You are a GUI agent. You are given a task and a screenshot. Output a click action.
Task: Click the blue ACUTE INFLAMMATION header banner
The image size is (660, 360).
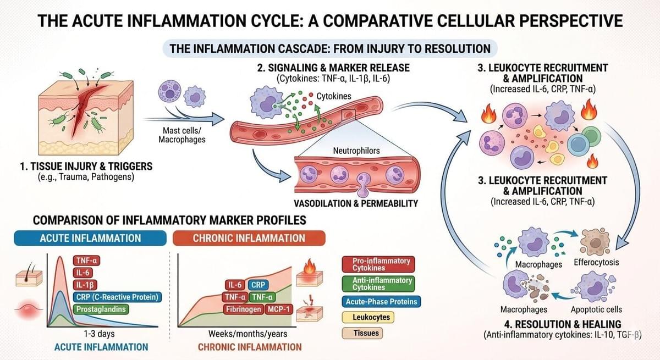(x=90, y=238)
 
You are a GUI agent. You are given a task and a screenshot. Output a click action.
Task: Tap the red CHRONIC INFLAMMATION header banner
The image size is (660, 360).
(x=249, y=238)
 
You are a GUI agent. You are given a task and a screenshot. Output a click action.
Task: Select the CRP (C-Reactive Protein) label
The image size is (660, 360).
(x=117, y=297)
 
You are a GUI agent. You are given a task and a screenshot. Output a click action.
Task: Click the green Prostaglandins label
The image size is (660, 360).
(x=101, y=309)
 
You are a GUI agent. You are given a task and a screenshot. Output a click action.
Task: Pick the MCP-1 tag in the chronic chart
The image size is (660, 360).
(x=279, y=309)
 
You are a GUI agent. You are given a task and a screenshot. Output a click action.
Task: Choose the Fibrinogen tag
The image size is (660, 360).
(x=243, y=309)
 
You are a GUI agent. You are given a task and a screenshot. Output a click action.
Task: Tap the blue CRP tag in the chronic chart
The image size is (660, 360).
(x=258, y=285)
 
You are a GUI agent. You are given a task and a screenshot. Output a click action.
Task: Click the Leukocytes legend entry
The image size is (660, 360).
(x=368, y=317)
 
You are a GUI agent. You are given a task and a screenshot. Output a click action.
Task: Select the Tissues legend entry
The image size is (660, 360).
(x=362, y=333)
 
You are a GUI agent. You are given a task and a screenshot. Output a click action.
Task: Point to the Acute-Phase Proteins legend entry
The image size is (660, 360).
(x=381, y=302)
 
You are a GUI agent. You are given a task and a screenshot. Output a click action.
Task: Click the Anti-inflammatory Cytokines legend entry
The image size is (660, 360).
(x=378, y=284)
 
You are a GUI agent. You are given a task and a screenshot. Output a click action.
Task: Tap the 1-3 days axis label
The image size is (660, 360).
(x=100, y=334)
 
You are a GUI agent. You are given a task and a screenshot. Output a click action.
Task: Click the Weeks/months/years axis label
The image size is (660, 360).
(x=248, y=334)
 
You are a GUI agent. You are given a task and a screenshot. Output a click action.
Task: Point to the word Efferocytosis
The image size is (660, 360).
(x=596, y=262)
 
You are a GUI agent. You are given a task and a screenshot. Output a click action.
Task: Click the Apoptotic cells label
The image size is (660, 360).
(x=596, y=309)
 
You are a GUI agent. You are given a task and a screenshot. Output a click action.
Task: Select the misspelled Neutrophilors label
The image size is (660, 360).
(x=356, y=151)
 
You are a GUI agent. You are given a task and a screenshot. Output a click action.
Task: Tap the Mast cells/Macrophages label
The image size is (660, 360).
(x=182, y=135)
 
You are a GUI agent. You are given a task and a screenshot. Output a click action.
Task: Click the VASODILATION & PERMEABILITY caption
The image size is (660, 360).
(x=356, y=203)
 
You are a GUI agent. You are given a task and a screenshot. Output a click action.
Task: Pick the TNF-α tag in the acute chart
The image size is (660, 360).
(x=87, y=261)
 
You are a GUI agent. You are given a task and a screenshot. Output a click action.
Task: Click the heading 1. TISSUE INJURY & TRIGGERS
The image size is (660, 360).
(x=86, y=167)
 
